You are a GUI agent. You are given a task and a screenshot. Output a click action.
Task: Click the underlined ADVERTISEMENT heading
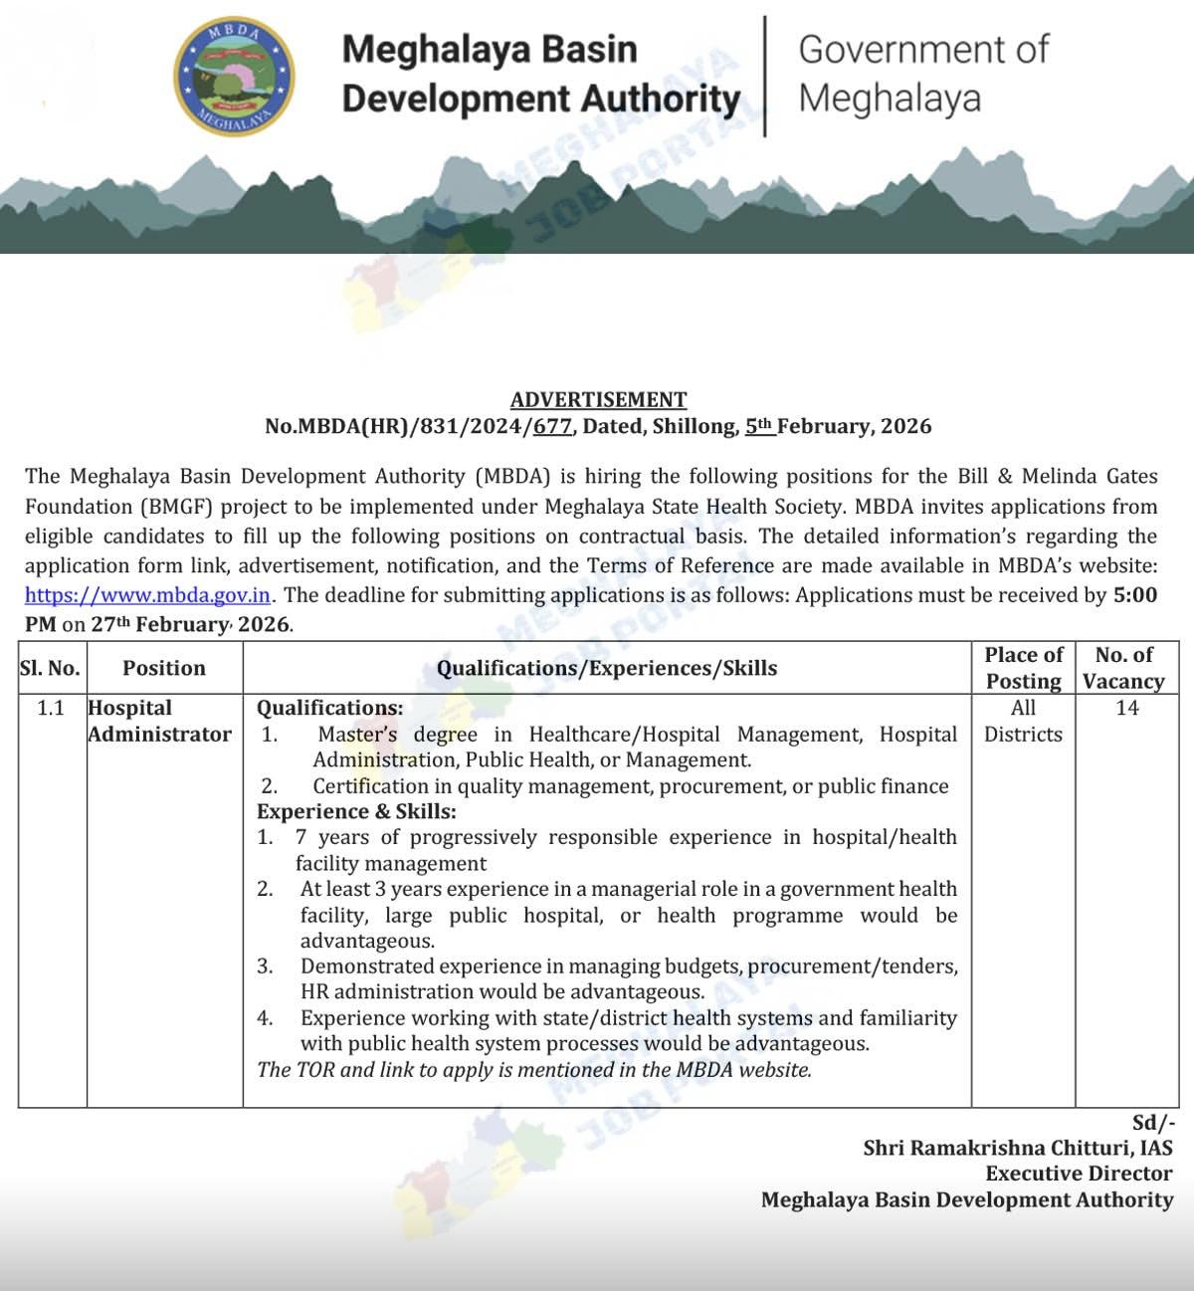598,400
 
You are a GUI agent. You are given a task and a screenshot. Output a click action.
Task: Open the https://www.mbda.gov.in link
147,595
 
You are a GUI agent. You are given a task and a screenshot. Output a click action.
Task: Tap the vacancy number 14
1127,708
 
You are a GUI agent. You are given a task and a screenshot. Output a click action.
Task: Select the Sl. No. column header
50,668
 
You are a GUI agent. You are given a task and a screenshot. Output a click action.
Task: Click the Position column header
164,668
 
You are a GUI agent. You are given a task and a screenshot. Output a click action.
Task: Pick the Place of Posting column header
1023,668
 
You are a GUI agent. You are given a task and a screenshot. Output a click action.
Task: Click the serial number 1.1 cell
50,708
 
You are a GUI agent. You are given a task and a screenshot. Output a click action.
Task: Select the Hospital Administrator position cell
159,721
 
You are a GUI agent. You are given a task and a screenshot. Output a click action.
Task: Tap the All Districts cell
1023,721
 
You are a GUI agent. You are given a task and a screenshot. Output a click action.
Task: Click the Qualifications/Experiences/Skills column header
607,668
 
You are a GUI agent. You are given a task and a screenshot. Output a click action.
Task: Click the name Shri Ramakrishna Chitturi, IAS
1018,1148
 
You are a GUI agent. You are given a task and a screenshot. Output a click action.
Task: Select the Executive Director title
1079,1174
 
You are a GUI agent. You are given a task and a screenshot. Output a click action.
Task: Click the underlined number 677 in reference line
553,426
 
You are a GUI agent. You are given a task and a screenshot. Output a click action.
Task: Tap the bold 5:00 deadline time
1135,595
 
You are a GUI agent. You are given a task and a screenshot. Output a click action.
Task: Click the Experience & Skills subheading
356,811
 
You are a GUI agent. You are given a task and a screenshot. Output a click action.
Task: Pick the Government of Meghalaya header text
922,73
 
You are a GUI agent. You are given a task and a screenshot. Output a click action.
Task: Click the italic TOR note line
534,1070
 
